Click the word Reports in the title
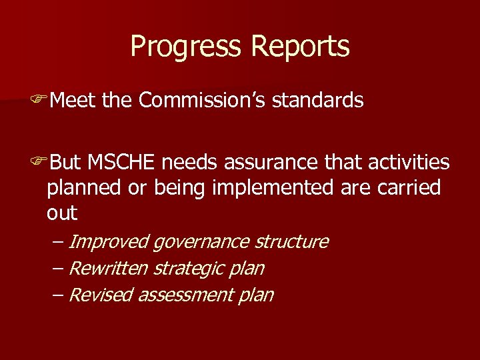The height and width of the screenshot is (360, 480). point(301,47)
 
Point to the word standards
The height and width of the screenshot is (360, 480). point(318,100)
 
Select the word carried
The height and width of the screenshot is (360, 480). point(411,188)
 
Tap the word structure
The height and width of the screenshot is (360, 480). point(291,241)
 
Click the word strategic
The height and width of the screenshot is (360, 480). point(183,269)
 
